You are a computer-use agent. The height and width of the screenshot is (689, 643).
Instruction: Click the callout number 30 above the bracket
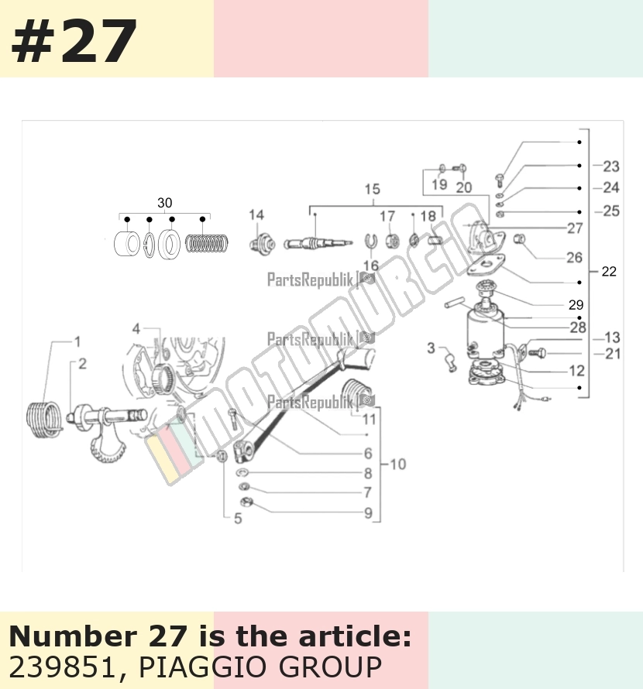coord(165,203)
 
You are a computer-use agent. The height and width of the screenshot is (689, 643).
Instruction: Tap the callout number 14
coord(256,215)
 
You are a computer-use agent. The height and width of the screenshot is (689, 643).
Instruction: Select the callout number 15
coord(372,190)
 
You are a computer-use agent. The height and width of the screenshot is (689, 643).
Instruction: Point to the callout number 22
coord(609,271)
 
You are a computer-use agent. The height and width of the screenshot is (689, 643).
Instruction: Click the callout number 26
coord(574,258)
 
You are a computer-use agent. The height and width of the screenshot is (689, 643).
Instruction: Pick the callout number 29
coord(576,304)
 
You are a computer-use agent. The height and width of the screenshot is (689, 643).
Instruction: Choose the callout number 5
coord(238,519)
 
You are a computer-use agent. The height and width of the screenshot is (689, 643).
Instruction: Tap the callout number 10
coord(397,464)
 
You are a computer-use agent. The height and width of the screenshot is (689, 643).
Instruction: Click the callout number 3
coord(431,348)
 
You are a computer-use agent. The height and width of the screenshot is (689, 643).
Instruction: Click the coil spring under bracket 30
coord(206,244)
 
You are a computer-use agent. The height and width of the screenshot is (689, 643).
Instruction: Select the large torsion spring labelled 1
coord(43,420)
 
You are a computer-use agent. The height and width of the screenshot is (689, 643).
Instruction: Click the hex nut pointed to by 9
coord(246,502)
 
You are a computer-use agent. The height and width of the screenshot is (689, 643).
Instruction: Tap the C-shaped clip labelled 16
coord(371,241)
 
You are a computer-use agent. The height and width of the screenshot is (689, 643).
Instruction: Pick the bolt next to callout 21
coord(537,352)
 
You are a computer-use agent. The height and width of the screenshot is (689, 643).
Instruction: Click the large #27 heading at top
coord(74,41)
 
